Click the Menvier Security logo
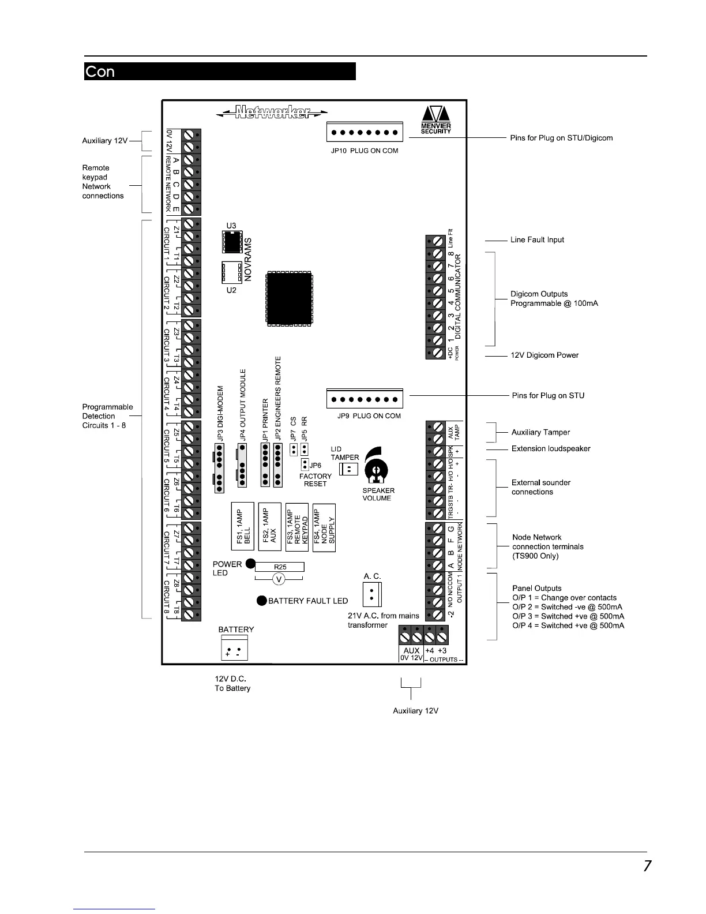point(435,119)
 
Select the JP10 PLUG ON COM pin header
point(364,132)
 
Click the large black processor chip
point(290,299)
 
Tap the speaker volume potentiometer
point(375,471)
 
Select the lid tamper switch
point(349,470)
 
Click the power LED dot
point(250,564)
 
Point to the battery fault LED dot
point(261,601)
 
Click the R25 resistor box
point(280,567)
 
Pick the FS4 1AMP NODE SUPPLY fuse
point(324,527)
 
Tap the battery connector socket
point(234,648)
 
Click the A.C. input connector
point(372,593)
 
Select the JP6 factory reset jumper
point(305,465)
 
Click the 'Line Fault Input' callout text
point(537,239)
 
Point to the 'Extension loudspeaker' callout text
point(551,448)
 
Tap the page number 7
point(647,866)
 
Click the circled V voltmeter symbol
point(279,579)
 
